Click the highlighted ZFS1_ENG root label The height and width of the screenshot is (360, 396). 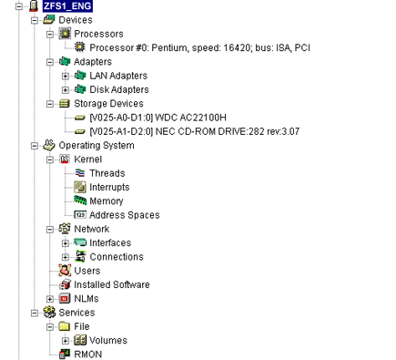point(67,5)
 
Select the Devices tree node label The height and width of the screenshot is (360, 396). point(76,19)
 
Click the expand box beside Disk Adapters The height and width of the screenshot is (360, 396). point(66,89)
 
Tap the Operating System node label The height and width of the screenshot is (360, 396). point(96,145)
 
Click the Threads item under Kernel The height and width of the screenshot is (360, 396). point(107,173)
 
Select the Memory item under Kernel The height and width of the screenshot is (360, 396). point(107,201)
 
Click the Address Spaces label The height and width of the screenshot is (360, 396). point(124,215)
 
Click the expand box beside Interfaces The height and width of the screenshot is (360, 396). point(66,242)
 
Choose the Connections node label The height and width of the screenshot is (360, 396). point(117,257)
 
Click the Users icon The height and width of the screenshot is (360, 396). point(64,271)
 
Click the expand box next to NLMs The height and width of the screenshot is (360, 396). point(50,298)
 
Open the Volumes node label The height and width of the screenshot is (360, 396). point(108,340)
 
